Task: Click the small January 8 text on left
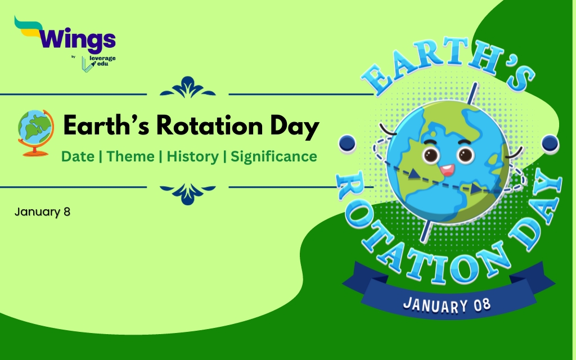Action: pyautogui.click(x=42, y=212)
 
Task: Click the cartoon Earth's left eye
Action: pyautogui.click(x=431, y=155)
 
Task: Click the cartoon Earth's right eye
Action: pyautogui.click(x=465, y=155)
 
